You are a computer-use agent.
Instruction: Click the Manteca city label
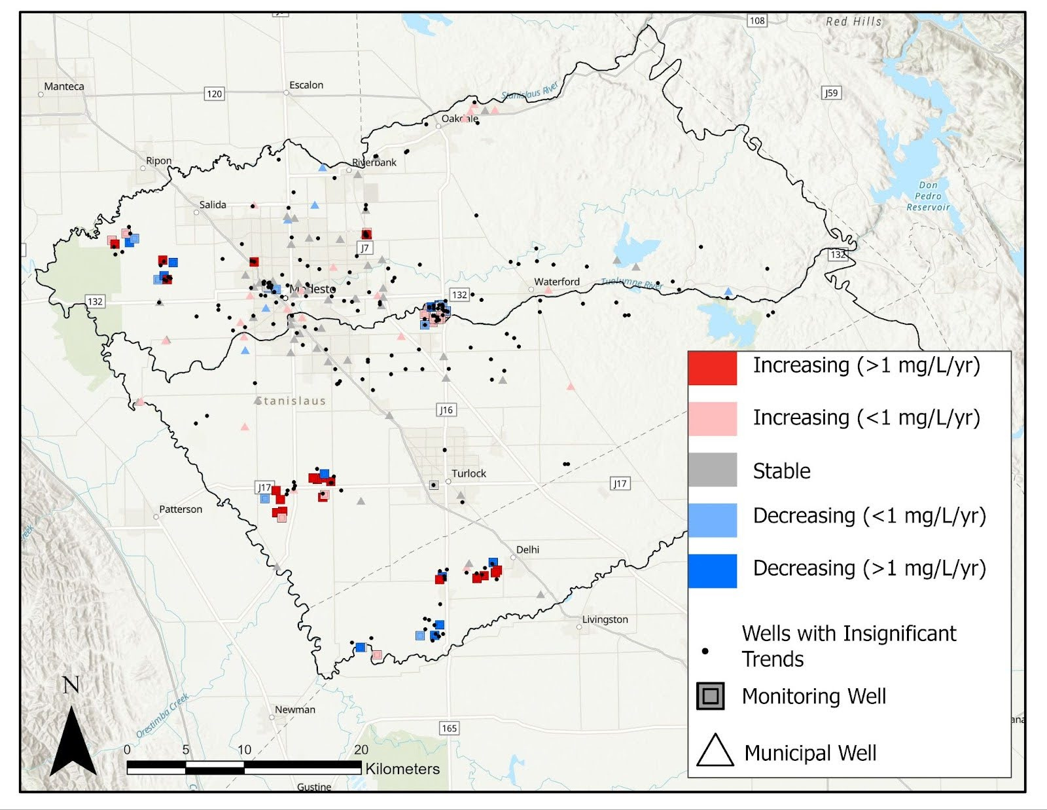point(63,86)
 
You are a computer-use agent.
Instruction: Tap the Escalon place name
point(306,85)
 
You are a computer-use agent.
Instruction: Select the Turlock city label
point(469,473)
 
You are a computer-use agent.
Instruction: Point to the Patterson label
point(181,509)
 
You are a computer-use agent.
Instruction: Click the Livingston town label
point(605,619)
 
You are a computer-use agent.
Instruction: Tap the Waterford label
point(557,282)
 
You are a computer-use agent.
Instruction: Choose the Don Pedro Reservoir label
point(928,196)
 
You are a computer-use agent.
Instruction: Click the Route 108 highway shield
point(757,20)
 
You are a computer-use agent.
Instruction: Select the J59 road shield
point(830,93)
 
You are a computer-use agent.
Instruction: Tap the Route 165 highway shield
point(449,728)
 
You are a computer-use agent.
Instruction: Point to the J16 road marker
point(446,410)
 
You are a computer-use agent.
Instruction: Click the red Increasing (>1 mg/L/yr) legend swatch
point(712,368)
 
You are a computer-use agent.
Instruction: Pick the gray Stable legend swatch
point(712,469)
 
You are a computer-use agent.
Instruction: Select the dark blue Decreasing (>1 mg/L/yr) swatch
point(712,570)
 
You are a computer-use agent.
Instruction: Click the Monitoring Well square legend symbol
point(711,696)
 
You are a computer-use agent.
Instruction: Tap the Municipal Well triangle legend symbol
point(715,751)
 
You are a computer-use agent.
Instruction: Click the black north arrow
point(73,740)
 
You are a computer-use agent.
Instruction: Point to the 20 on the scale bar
point(361,750)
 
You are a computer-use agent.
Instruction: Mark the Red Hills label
point(853,22)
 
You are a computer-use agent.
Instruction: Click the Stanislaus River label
point(530,91)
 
